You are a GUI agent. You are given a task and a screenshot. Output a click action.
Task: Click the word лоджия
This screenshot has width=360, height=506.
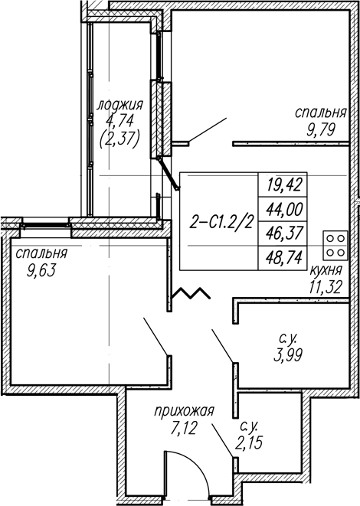point(120,106)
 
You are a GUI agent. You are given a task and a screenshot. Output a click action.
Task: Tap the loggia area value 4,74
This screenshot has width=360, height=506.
point(119,122)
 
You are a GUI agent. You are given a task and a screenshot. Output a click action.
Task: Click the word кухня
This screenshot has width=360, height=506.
point(326,270)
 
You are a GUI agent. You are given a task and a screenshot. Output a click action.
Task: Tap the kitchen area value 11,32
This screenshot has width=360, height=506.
point(325,286)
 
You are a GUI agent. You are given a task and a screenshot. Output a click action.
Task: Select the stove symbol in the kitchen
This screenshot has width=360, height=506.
point(335,245)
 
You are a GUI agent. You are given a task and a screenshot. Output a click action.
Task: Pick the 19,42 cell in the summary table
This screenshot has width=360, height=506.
point(284,184)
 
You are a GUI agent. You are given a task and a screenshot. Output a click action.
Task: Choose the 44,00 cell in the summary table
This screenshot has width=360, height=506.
point(284,209)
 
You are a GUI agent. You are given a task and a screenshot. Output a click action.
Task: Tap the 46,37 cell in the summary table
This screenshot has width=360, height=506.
point(284,233)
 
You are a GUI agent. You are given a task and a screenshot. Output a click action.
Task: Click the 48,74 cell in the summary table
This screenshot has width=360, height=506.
point(284,258)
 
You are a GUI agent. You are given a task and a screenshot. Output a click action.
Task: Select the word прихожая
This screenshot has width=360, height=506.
point(185,412)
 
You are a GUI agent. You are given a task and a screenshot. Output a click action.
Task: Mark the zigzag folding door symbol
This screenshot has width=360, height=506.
point(191,292)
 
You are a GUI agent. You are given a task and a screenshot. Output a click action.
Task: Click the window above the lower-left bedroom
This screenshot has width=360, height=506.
point(45,225)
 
